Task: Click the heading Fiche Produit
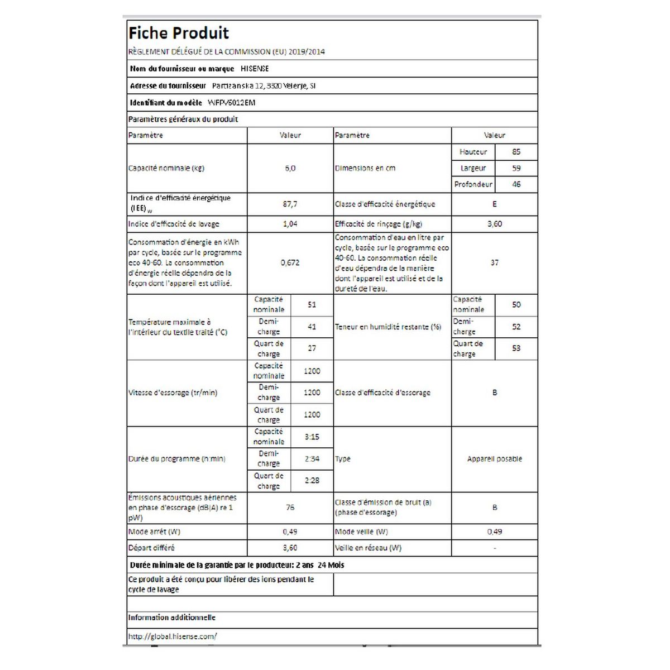coord(179,33)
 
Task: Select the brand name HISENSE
coord(255,69)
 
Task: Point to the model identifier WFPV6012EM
coord(232,103)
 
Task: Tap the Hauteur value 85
coord(516,152)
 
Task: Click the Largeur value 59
coord(516,168)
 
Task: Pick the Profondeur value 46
coord(516,184)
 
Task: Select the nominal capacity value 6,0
coord(290,168)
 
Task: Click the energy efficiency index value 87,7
coord(290,204)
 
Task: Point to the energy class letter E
coord(494,204)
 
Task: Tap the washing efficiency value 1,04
coord(290,224)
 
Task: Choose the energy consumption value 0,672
coord(290,262)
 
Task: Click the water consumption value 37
coord(494,262)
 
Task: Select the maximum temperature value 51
coord(312,305)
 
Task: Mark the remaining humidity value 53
coord(516,348)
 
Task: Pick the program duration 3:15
coord(312,437)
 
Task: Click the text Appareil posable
coord(494,459)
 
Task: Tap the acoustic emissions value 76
coord(290,508)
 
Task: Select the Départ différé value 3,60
coord(290,548)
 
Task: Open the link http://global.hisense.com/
coord(173,636)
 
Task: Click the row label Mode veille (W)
coord(361,532)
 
